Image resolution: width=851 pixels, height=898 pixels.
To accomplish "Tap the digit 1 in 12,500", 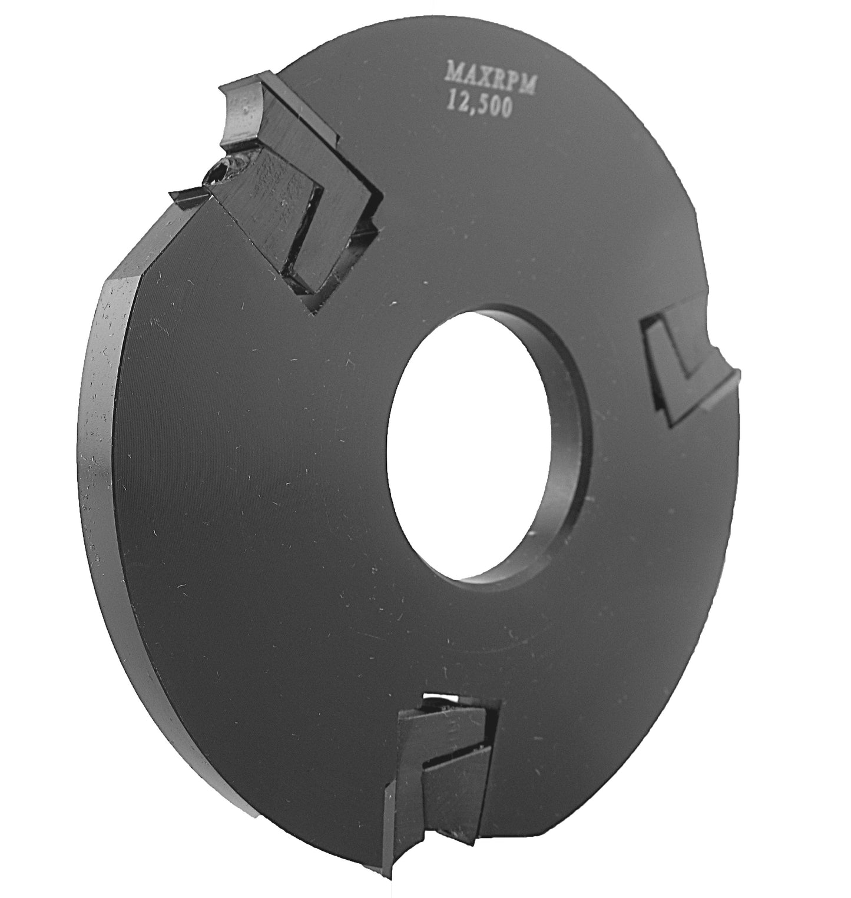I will (x=450, y=101).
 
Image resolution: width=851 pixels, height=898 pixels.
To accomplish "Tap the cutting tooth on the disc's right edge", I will (x=689, y=371).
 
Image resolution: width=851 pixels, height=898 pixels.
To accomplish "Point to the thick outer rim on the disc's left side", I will (x=103, y=412).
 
